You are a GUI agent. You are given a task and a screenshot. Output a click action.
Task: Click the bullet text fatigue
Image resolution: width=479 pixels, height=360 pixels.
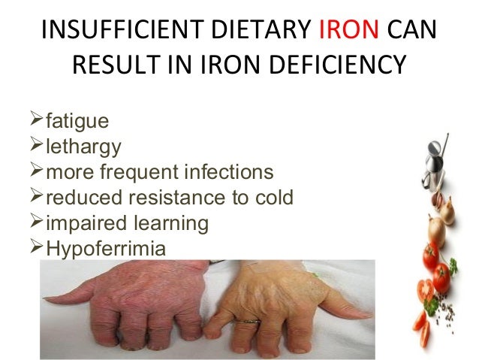click(x=77, y=121)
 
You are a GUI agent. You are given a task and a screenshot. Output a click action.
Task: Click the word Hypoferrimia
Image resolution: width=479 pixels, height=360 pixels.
click(x=106, y=249)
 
